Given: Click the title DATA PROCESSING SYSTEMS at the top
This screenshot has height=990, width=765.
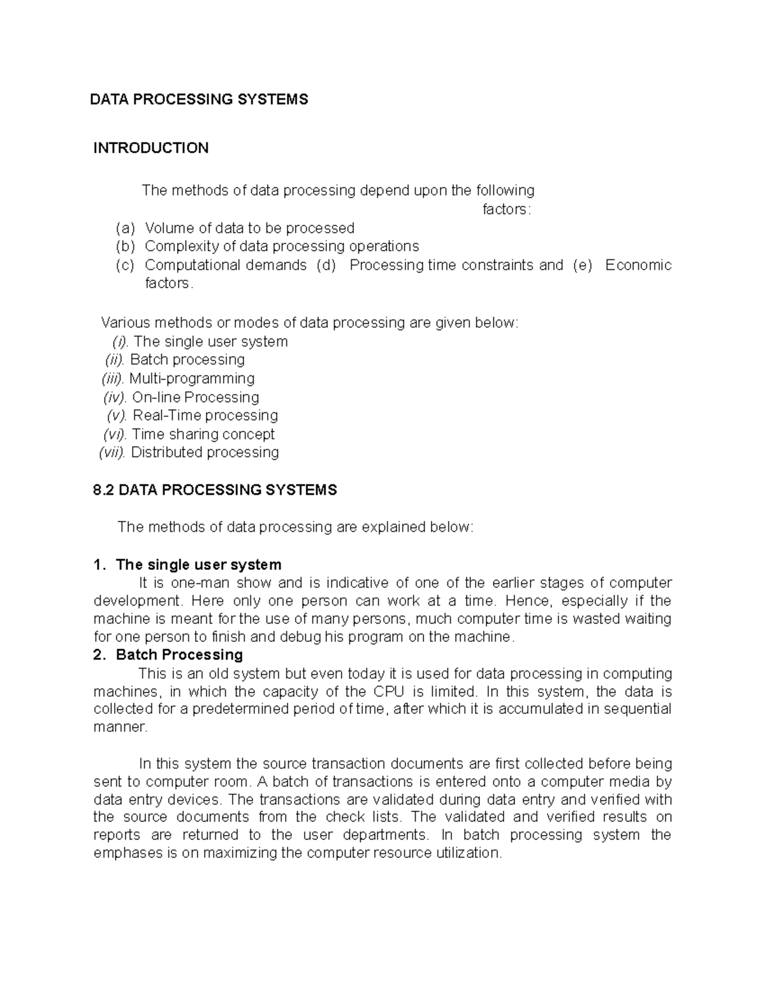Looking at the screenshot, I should pyautogui.click(x=199, y=99).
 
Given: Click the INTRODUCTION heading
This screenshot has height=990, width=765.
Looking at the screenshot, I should pyautogui.click(x=151, y=148).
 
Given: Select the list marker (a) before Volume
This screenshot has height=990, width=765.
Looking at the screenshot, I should pyautogui.click(x=125, y=228).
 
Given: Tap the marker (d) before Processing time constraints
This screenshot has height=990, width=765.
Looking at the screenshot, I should pyautogui.click(x=326, y=265).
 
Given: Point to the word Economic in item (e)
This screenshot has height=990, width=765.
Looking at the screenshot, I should pyautogui.click(x=638, y=265).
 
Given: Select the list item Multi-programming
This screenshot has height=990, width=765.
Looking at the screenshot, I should pyautogui.click(x=192, y=379).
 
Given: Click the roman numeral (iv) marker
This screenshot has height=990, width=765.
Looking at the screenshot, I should pyautogui.click(x=115, y=397).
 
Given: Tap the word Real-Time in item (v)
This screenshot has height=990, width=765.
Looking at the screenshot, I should pyautogui.click(x=167, y=416).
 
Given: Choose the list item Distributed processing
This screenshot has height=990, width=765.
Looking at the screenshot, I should pyautogui.click(x=205, y=453).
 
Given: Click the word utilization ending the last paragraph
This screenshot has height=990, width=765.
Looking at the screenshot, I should pyautogui.click(x=469, y=853).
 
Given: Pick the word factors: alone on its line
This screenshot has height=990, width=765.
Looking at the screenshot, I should pyautogui.click(x=506, y=209).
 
